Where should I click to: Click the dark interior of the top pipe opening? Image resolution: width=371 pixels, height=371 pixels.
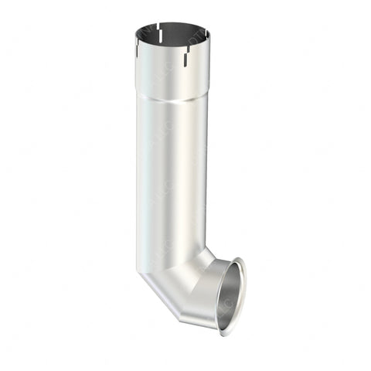[x=172, y=34]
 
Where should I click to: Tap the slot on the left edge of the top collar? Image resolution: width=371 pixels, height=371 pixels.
[x=137, y=49]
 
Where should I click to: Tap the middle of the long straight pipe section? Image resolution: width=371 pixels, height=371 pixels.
[x=170, y=178]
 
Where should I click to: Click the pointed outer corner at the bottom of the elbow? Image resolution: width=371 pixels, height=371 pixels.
[x=179, y=322]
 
